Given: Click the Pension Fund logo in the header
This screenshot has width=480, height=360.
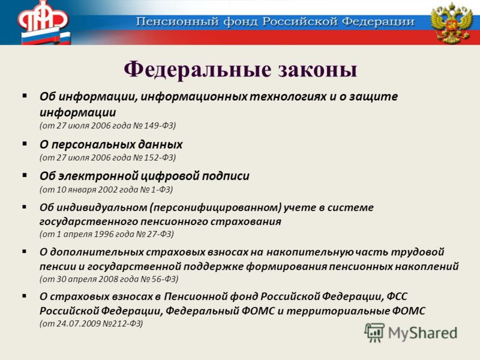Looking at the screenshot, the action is click(43, 22).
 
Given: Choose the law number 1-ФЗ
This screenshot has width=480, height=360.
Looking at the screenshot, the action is click(161, 190).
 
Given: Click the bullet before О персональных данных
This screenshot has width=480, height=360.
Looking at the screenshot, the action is click(25, 143).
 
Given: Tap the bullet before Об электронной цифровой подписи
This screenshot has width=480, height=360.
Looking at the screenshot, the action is click(25, 175).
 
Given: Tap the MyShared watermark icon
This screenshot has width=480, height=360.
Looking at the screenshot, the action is click(374, 332).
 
